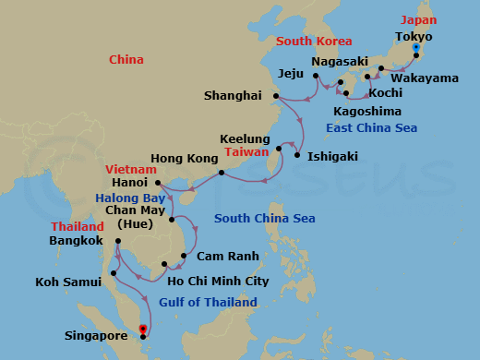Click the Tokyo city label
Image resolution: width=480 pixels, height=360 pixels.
pos(414,36)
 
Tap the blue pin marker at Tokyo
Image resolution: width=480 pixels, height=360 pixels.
pos(416,47)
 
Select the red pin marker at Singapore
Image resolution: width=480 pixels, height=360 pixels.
pos(142,327)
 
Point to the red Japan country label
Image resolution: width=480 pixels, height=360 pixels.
pos(418,19)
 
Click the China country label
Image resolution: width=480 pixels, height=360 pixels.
pos(126,60)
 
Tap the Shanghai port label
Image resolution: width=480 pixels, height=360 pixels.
pos(234,95)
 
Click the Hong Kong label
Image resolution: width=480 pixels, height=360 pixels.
pos(180,159)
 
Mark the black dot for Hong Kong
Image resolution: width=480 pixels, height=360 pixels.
pos(221,173)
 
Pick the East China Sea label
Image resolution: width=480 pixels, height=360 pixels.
pos(372,127)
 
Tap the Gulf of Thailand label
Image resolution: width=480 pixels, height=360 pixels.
pos(209,302)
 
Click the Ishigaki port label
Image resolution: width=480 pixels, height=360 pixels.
pos(331,156)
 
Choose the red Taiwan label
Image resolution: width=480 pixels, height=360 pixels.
pos(246,151)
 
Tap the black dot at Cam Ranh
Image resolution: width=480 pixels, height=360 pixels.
pos(185,257)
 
